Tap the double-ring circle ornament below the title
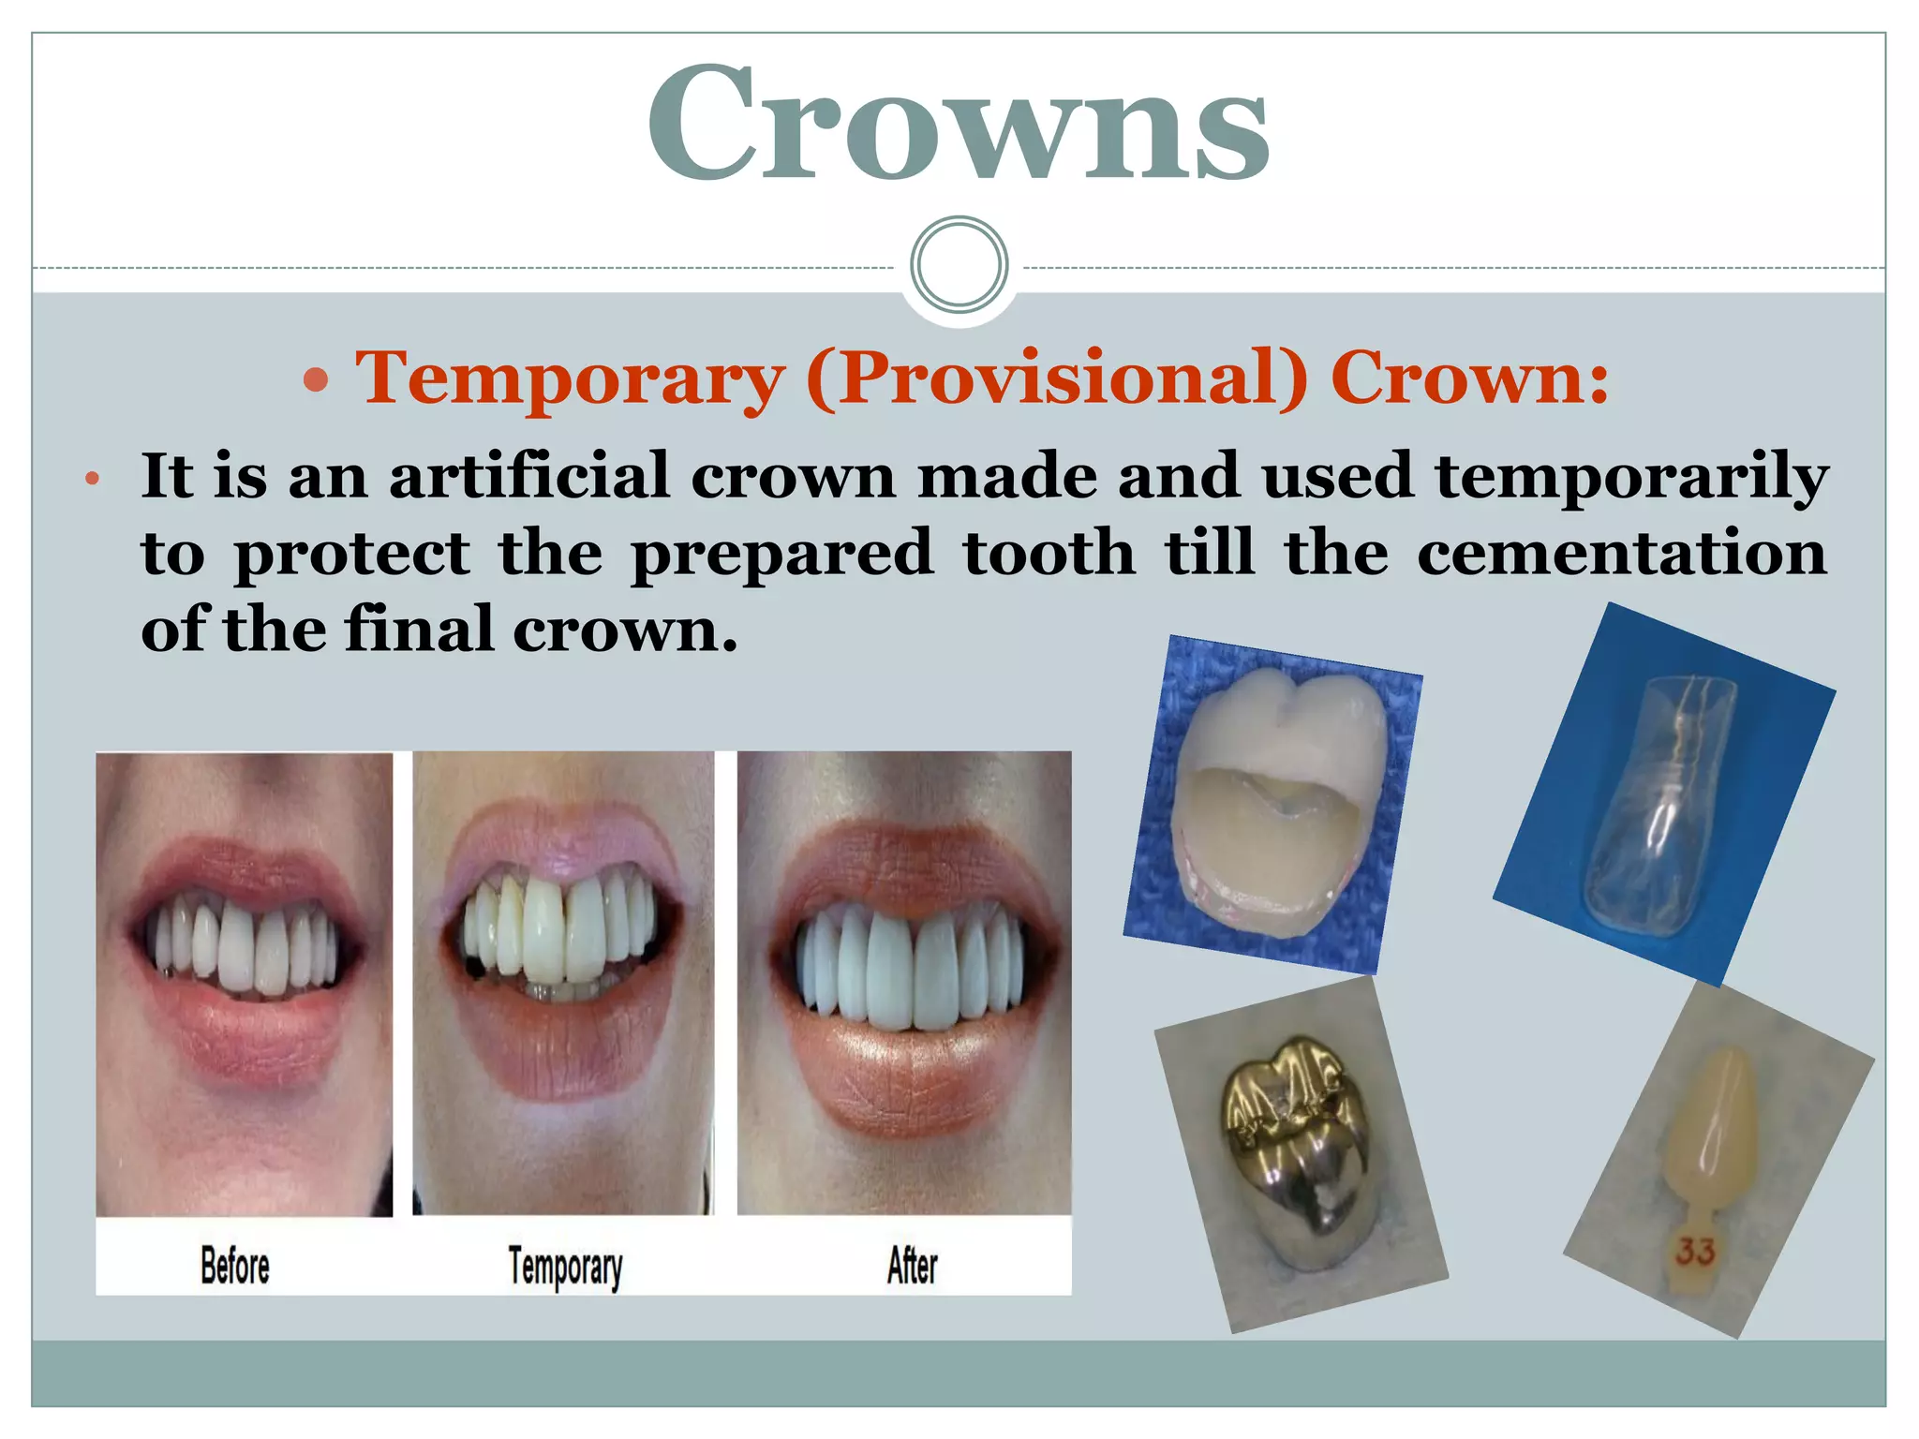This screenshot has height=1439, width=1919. pyautogui.click(x=959, y=265)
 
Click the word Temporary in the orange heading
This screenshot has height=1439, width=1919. pyautogui.click(x=570, y=379)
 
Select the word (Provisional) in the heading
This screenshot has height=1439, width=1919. pyautogui.click(x=1056, y=379)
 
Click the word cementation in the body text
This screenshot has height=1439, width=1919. pyautogui.click(x=1621, y=553)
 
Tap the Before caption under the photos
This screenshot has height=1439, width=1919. pyautogui.click(x=234, y=1266)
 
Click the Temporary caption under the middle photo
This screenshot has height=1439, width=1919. pyautogui.click(x=565, y=1268)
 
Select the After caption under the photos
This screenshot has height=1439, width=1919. pyautogui.click(x=912, y=1266)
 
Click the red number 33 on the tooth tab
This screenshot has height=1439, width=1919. pyautogui.click(x=1695, y=1251)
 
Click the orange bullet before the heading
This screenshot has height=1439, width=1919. pyautogui.click(x=317, y=380)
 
